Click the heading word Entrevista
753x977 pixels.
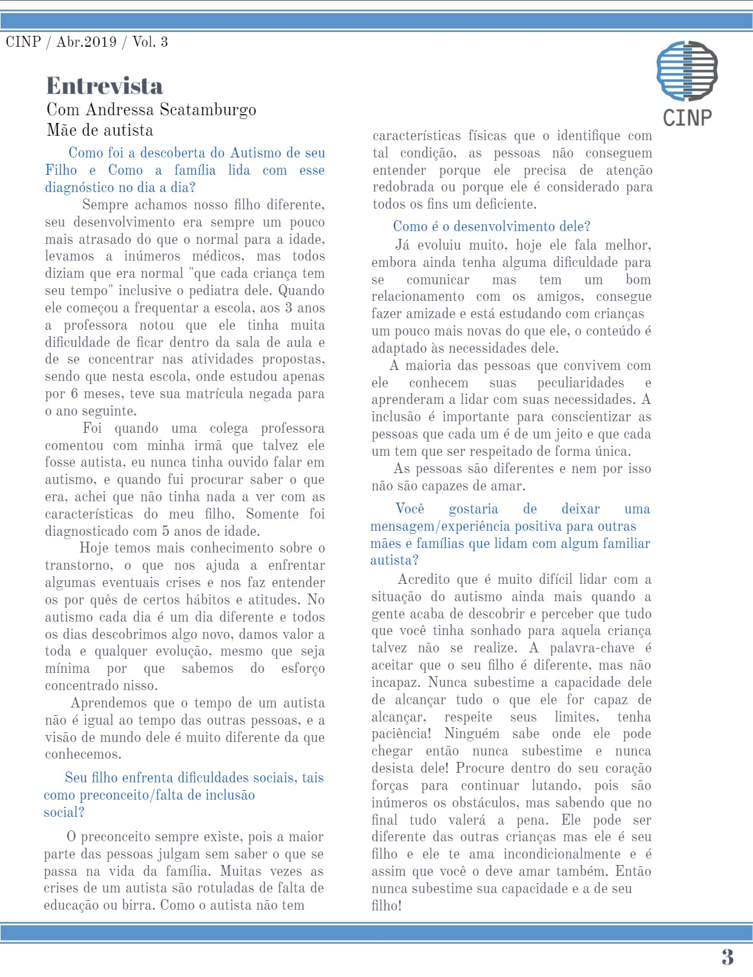(x=104, y=86)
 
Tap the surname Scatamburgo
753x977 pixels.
(x=208, y=110)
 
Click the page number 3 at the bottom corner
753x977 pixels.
(x=727, y=957)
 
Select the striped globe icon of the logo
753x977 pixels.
(x=687, y=71)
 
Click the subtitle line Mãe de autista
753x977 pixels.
(x=100, y=131)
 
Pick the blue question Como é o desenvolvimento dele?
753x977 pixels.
(x=491, y=226)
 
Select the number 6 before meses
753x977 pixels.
(x=74, y=394)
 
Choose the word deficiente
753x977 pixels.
(x=503, y=204)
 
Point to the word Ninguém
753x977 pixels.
(x=472, y=734)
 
